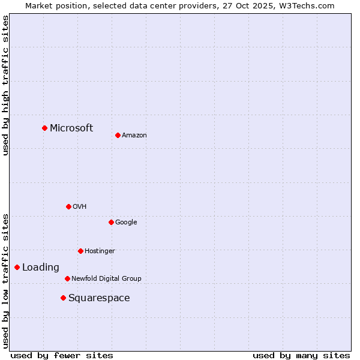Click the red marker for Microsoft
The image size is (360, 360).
pyautogui.click(x=44, y=128)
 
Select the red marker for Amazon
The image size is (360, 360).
pyautogui.click(x=118, y=135)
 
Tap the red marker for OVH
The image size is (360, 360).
pyautogui.click(x=68, y=206)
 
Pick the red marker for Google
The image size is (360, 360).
pyautogui.click(x=111, y=222)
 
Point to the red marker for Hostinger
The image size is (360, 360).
pyautogui.click(x=80, y=251)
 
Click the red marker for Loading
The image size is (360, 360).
pyautogui.click(x=17, y=267)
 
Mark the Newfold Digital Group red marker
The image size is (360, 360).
pyautogui.click(x=67, y=278)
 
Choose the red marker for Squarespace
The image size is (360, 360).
pyautogui.click(x=63, y=298)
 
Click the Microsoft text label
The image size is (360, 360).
pyautogui.click(x=71, y=128)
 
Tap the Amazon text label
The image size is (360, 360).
pyautogui.click(x=134, y=136)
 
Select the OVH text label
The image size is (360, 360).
pyautogui.click(x=80, y=207)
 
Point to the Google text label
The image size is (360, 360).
pyautogui.click(x=126, y=223)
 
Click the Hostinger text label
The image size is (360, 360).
pyautogui.click(x=100, y=251)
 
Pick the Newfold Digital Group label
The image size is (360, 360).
pyautogui.click(x=106, y=279)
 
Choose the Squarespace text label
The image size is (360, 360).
pyautogui.click(x=99, y=298)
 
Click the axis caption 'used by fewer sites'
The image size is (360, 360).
pyautogui.click(x=62, y=355)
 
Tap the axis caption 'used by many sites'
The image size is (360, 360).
pyautogui.click(x=301, y=355)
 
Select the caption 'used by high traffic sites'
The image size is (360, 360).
pyautogui.click(x=5, y=85)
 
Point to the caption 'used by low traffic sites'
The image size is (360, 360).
pyautogui.click(x=5, y=280)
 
